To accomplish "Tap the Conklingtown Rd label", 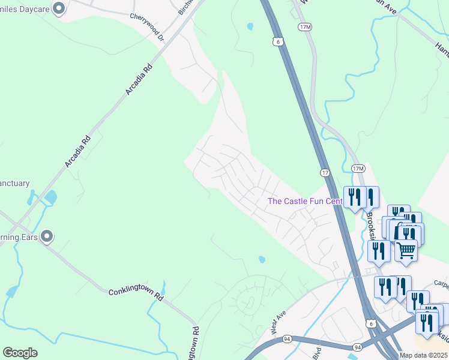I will coord(136,295).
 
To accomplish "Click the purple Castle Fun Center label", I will coord(305,201).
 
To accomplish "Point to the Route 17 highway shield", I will coord(324,172).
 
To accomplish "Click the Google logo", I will coord(20,353).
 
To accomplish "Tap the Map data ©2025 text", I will coord(423,355).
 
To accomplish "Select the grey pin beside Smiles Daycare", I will coord(58,8).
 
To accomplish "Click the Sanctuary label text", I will coord(14,183).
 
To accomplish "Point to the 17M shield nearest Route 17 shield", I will coord(358,168).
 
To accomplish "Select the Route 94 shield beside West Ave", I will coord(288,338).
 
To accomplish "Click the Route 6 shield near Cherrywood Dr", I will coord(276,41).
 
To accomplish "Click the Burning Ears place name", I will coord(19,236).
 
